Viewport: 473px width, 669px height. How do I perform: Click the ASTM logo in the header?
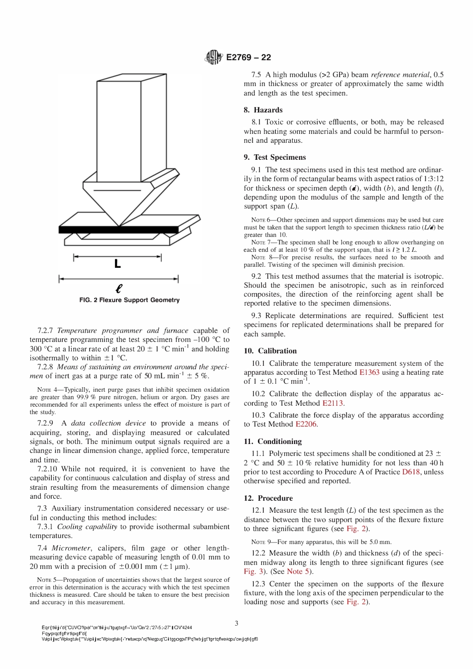(214, 57)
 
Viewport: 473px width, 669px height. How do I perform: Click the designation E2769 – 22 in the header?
(248, 57)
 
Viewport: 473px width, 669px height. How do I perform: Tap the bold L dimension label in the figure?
(118, 264)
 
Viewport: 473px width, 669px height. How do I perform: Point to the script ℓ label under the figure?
(118, 288)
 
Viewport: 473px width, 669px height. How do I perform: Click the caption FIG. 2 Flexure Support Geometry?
(129, 300)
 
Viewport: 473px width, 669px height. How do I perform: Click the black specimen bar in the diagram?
(118, 229)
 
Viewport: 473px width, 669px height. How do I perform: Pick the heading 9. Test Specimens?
(275, 157)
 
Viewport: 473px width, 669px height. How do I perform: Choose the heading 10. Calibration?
(270, 351)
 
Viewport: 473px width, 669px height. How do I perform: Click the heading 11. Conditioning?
(272, 442)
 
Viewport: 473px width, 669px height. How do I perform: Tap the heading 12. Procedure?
(268, 498)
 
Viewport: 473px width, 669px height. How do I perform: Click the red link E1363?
(369, 372)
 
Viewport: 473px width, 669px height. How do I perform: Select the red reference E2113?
(333, 403)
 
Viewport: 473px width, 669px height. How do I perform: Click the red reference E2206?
(306, 424)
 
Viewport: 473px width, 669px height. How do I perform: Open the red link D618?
(411, 472)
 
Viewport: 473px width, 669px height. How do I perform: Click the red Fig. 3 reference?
(253, 571)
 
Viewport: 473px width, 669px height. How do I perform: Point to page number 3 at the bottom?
(236, 623)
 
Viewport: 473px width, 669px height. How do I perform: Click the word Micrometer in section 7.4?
(71, 548)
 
